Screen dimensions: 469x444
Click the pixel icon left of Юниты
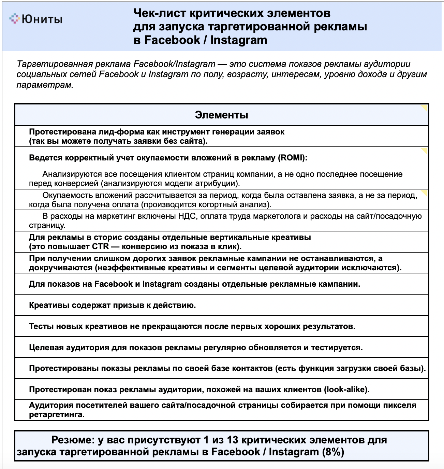14,18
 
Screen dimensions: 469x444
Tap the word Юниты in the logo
42,19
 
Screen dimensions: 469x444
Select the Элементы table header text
221,115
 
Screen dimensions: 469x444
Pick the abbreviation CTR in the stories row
100,246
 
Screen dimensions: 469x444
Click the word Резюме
73,440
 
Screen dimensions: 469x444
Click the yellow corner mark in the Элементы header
425,108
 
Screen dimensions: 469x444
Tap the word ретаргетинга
57,415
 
